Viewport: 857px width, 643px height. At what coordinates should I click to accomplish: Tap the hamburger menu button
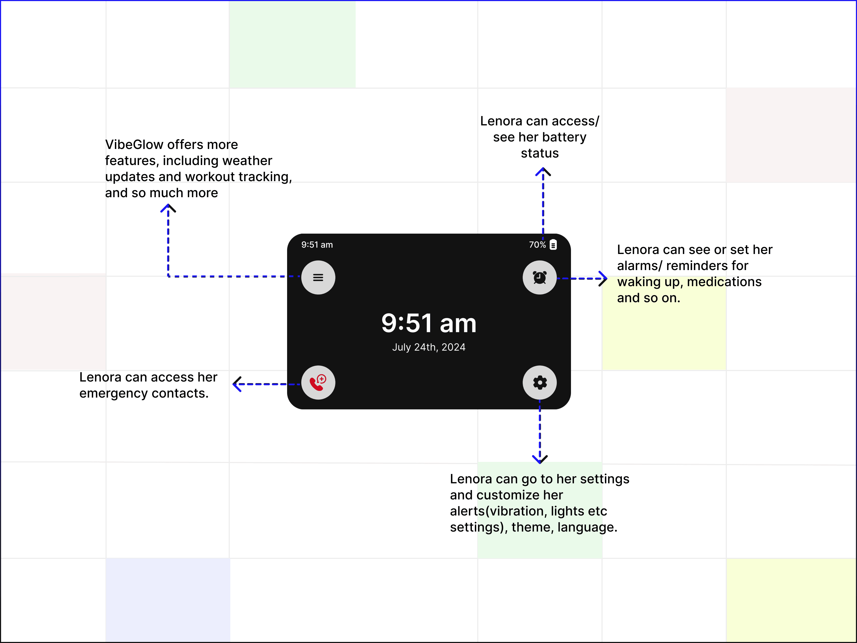coord(318,278)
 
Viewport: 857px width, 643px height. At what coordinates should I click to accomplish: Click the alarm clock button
coord(539,278)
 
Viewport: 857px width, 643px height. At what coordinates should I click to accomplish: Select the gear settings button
coord(539,383)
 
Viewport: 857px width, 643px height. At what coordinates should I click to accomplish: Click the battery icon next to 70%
coord(553,245)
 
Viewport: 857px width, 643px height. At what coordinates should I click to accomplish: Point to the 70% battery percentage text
coord(537,245)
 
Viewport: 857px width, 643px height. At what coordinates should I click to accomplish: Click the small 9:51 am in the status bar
coord(317,245)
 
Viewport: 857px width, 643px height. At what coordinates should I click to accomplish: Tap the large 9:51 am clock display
coord(428,323)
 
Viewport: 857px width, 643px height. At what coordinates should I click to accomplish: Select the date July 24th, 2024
coord(428,347)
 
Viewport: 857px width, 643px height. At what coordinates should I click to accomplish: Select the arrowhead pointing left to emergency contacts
coord(236,384)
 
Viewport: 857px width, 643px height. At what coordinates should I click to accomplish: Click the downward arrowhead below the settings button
coord(540,460)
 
